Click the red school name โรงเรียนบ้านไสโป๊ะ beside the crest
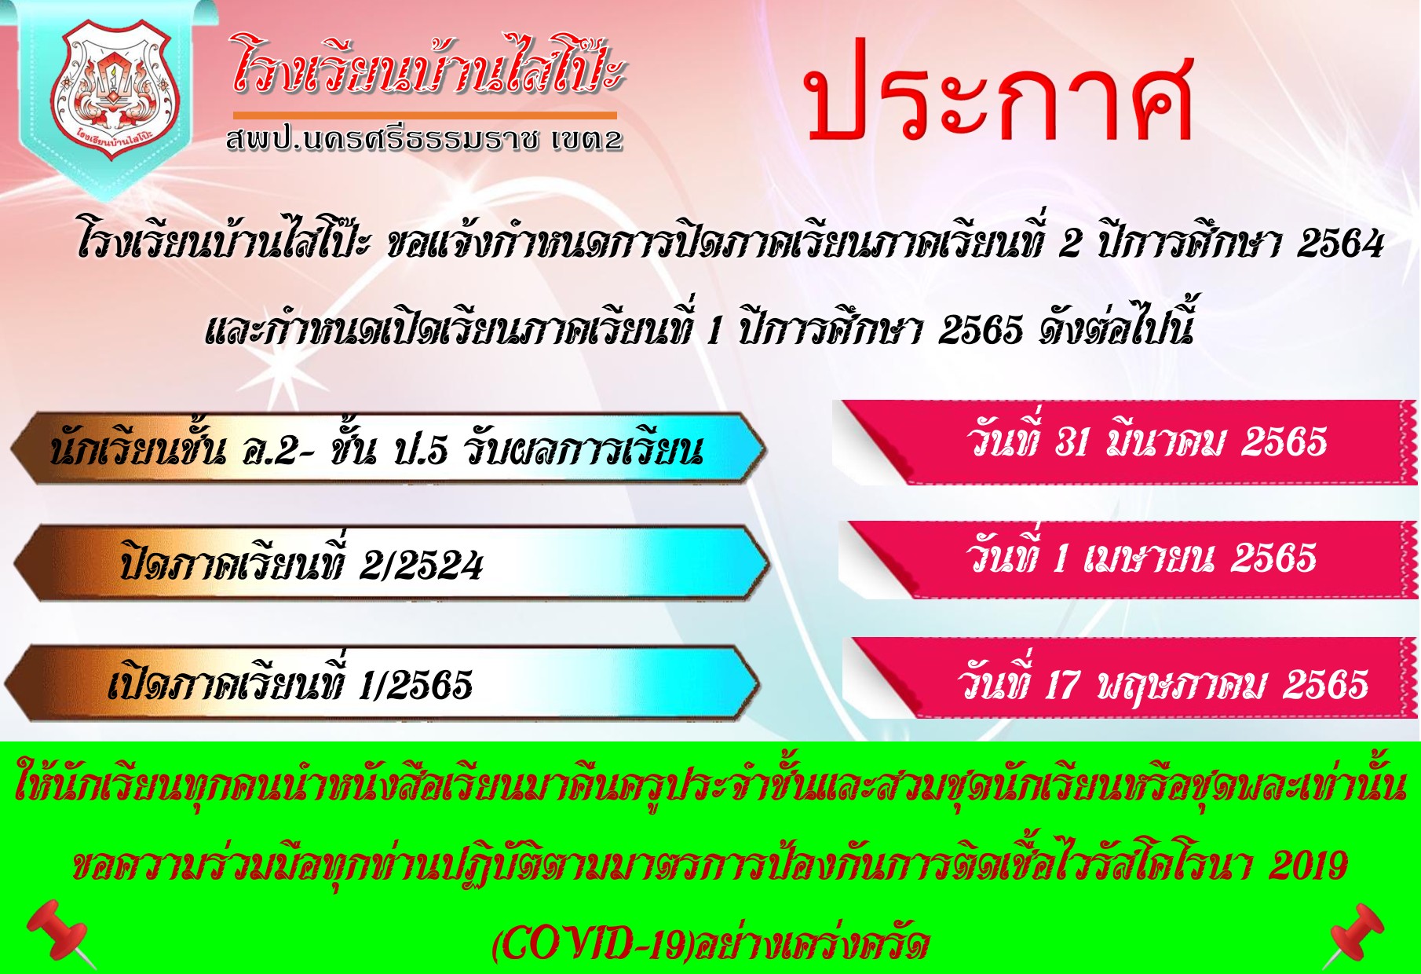(x=429, y=64)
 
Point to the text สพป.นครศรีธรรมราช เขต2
(x=424, y=140)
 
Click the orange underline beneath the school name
(x=425, y=115)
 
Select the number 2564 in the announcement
(x=1339, y=243)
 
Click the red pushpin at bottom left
(x=60, y=933)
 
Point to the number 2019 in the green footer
(x=1308, y=866)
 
